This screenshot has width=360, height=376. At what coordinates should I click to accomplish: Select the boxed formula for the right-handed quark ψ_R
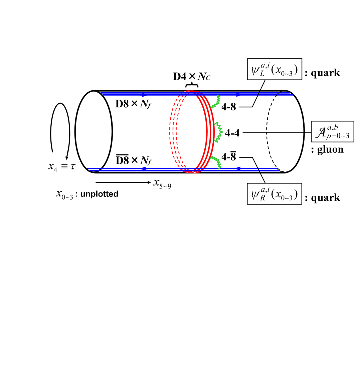(x=274, y=194)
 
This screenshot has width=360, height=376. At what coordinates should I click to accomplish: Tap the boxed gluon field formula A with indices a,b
(x=332, y=131)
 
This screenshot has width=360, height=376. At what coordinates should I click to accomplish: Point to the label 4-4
(x=232, y=133)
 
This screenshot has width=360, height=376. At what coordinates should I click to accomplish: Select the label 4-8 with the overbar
(x=229, y=156)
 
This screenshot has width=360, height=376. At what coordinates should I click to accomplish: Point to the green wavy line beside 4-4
(x=219, y=131)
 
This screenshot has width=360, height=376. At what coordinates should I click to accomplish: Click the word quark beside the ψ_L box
(x=325, y=73)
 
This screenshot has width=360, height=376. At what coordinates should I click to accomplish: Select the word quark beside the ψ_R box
(x=325, y=198)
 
